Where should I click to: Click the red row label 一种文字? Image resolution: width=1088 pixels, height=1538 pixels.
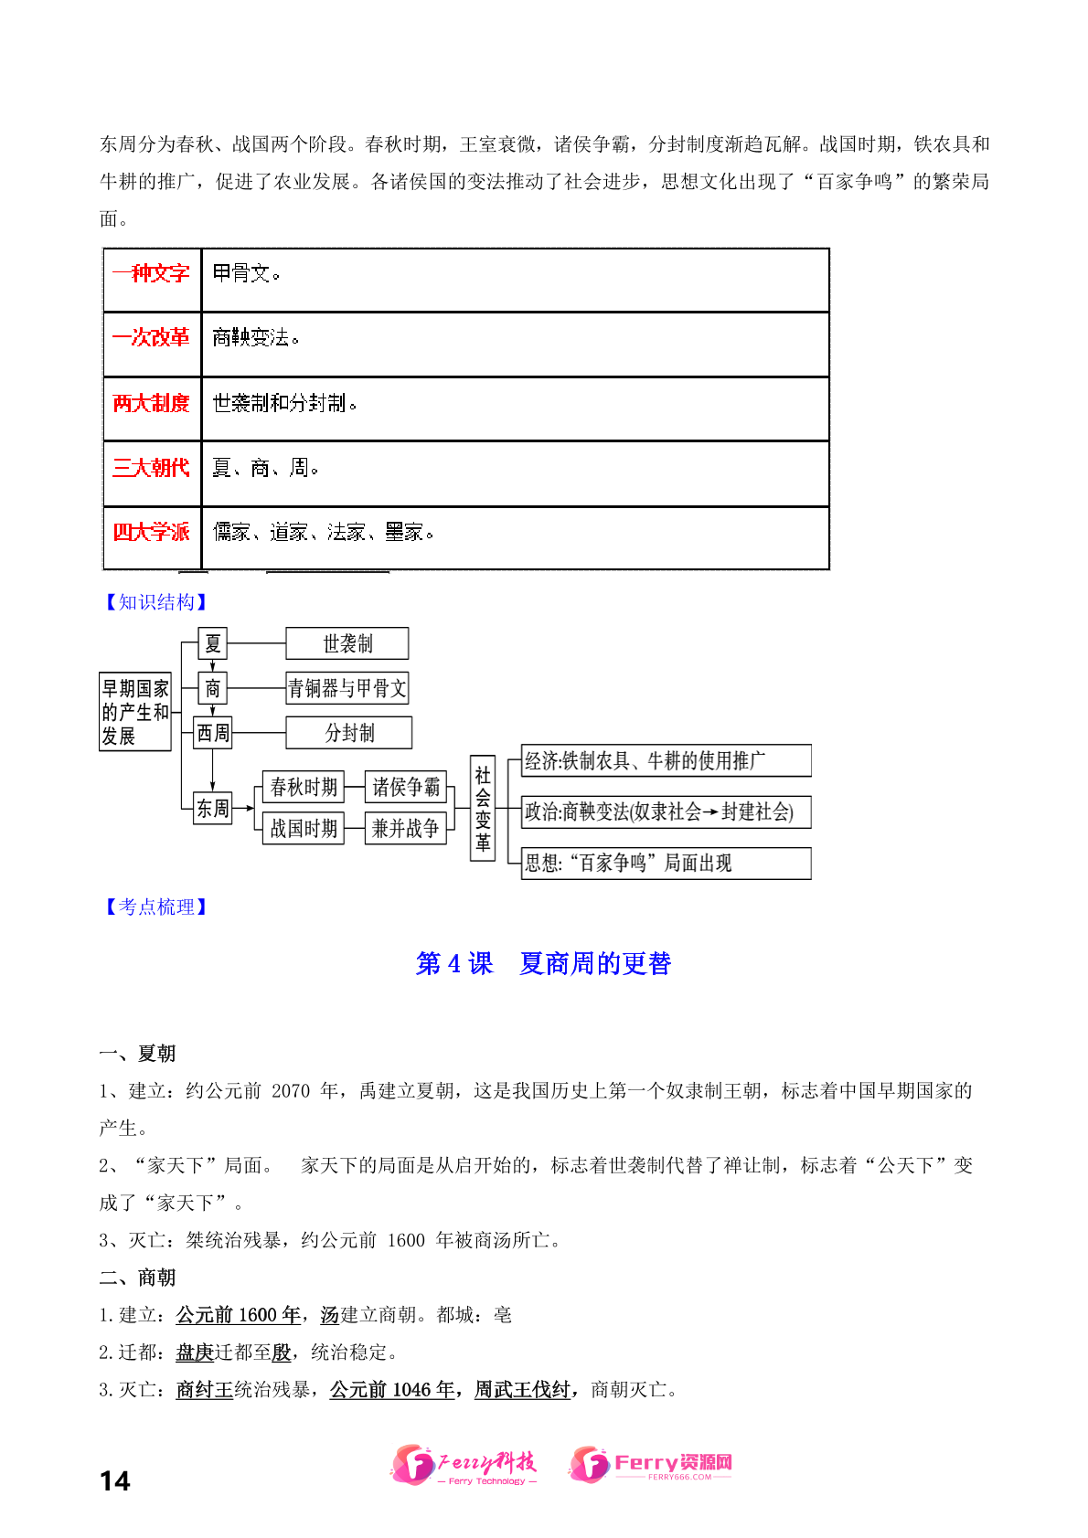[151, 273]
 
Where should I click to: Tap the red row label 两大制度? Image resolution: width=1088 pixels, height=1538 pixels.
[151, 403]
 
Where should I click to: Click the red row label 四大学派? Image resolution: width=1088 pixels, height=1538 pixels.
[151, 532]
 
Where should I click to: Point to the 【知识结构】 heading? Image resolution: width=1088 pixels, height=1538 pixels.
[155, 601]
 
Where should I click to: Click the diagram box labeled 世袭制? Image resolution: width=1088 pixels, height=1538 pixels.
[347, 643]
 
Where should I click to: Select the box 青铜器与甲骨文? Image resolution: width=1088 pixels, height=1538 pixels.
[347, 688]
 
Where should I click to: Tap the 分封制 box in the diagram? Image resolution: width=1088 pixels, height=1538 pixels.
[349, 733]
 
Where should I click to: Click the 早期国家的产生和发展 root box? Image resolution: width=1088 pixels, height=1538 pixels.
[135, 712]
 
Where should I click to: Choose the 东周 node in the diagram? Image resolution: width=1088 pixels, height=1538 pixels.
[213, 808]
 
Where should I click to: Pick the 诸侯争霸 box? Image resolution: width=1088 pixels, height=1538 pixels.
[406, 787]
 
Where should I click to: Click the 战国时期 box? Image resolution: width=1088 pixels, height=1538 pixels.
[304, 829]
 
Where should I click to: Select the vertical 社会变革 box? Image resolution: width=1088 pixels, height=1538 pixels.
[483, 808]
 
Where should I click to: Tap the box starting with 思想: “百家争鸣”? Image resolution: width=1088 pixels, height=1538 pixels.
[666, 863]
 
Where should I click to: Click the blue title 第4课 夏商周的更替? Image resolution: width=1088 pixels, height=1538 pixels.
[544, 963]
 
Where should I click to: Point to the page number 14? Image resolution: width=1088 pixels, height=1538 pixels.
[115, 1480]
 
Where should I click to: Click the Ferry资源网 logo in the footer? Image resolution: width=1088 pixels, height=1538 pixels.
[651, 1464]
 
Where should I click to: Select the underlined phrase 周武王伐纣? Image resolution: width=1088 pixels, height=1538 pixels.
[522, 1390]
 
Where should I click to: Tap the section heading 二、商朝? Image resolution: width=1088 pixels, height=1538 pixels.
[137, 1278]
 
